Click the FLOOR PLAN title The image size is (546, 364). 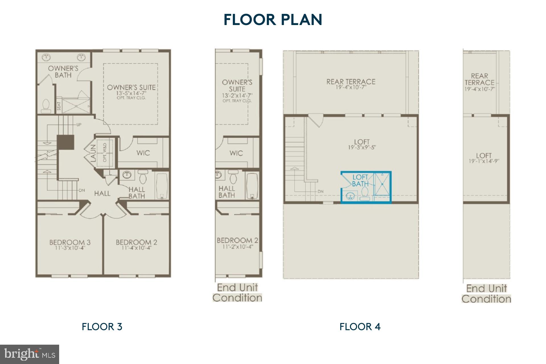click(273, 20)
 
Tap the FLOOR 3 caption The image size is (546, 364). click(102, 327)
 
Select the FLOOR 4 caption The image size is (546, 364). click(360, 327)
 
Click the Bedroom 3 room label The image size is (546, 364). click(70, 242)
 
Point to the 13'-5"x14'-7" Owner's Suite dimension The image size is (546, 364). click(131, 93)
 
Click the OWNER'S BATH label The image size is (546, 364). click(63, 72)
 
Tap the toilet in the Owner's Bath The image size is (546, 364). click(46, 106)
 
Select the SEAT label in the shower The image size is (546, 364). click(59, 106)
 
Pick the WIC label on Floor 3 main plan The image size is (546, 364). click(143, 153)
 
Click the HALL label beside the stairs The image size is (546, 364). click(102, 194)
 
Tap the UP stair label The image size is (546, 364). click(79, 125)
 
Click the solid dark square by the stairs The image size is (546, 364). click(65, 142)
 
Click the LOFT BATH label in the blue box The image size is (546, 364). click(360, 181)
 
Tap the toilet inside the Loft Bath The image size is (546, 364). click(365, 193)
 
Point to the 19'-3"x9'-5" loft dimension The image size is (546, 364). click(362, 147)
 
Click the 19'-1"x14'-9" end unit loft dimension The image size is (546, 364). click(484, 161)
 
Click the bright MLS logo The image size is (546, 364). click(30, 354)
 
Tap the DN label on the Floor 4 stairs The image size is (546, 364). click(320, 191)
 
